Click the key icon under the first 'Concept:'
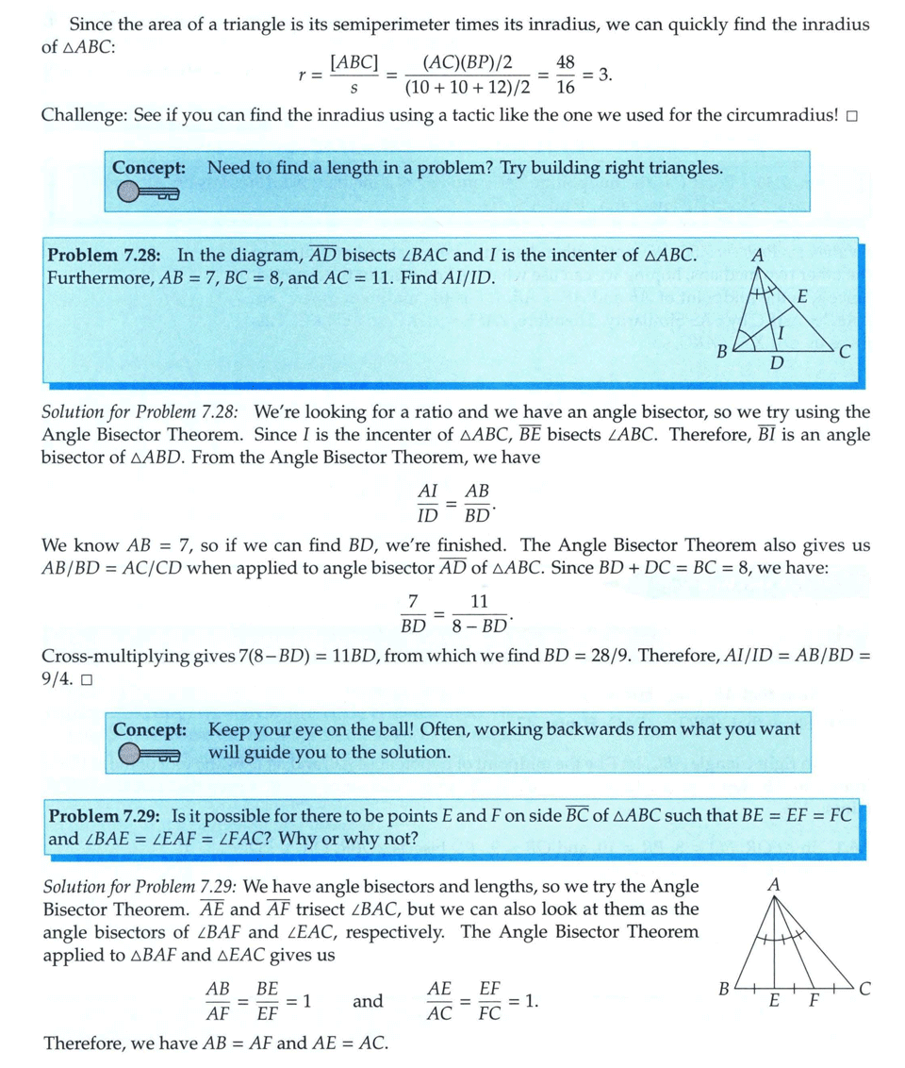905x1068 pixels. tap(148, 193)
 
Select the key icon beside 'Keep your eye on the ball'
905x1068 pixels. tap(148, 754)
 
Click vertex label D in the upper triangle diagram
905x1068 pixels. tap(775, 363)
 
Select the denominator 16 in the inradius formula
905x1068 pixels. tap(566, 89)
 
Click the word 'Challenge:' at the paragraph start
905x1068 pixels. tap(82, 116)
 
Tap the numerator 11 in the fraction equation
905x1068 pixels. tap(479, 601)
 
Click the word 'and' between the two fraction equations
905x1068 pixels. tap(368, 1001)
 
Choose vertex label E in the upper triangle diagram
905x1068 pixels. tap(802, 296)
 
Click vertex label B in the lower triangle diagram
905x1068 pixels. tap(723, 990)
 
